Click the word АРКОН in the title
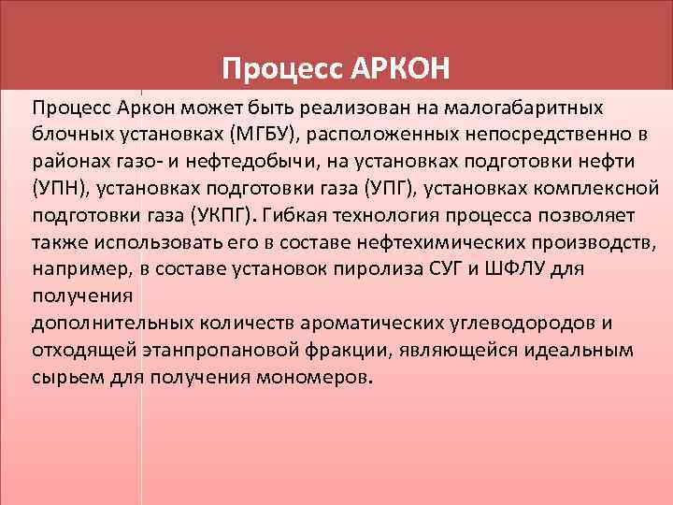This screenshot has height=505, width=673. [x=404, y=68]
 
